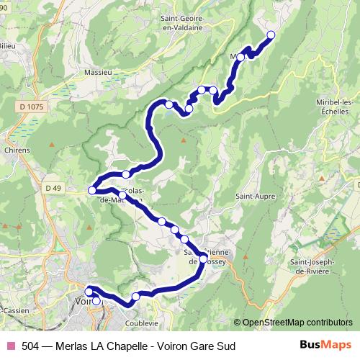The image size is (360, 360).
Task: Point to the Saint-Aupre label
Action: [251, 195]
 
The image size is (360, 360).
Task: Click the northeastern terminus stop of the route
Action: [271, 35]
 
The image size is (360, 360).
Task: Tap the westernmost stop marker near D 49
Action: [91, 190]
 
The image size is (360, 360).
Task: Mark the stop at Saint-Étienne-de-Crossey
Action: [203, 258]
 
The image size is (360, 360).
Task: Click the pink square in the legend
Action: [10, 346]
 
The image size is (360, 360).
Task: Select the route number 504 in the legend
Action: [30, 346]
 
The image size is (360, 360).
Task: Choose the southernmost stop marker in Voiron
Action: [96, 301]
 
